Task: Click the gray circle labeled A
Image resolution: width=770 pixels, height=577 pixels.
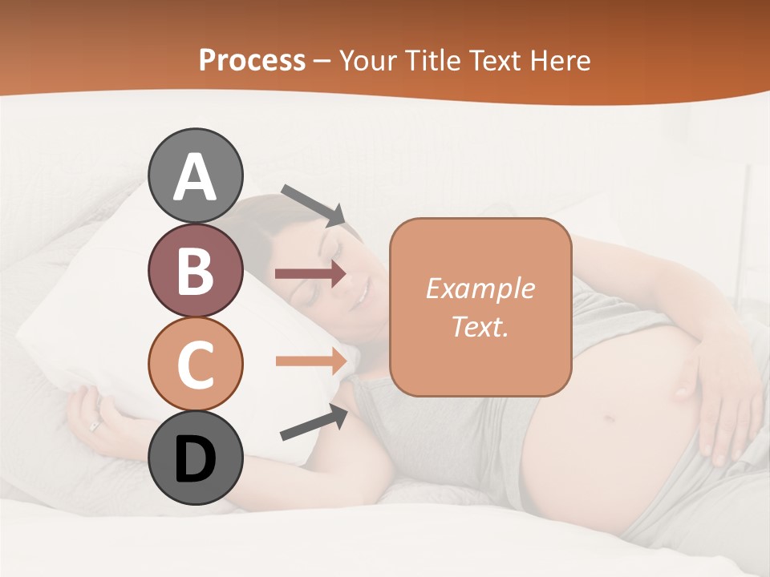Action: click(196, 176)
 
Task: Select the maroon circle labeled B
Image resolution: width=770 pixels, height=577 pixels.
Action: click(196, 270)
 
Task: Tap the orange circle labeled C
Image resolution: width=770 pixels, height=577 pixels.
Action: click(196, 364)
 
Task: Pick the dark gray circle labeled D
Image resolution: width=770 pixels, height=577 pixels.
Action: click(196, 458)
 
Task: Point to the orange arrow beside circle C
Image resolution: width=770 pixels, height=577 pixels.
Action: click(311, 361)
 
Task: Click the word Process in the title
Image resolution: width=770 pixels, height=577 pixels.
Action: click(252, 60)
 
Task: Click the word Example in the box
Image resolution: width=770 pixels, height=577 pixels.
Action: click(480, 288)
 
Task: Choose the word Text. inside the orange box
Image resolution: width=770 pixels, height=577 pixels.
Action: click(480, 326)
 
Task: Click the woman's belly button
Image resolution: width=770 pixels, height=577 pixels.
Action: click(610, 418)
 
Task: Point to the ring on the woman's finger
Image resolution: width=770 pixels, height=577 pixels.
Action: click(95, 426)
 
